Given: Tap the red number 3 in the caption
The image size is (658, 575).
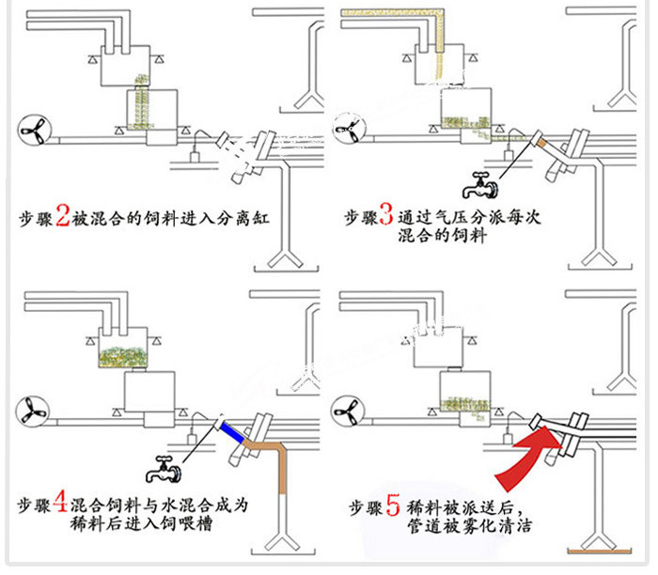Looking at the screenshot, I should pos(387,218).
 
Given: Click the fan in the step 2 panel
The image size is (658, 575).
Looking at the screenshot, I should pos(31,131).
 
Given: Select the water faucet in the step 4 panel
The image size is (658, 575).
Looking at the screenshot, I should pos(164,465).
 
